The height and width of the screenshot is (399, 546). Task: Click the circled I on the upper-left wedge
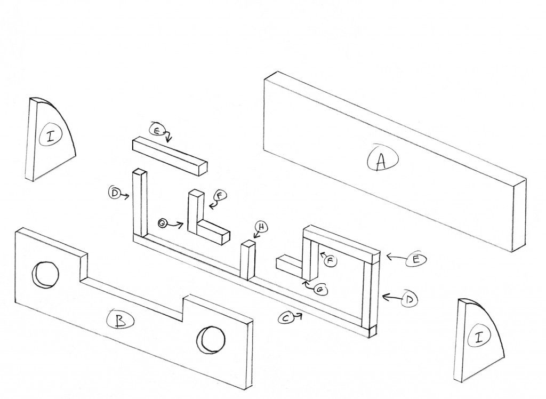pyautogui.click(x=51, y=137)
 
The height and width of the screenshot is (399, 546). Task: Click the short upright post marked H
pyautogui.click(x=248, y=260)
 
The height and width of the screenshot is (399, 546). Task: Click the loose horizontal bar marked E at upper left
pyautogui.click(x=168, y=155)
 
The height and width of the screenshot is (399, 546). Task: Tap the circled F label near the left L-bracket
pyautogui.click(x=219, y=195)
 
